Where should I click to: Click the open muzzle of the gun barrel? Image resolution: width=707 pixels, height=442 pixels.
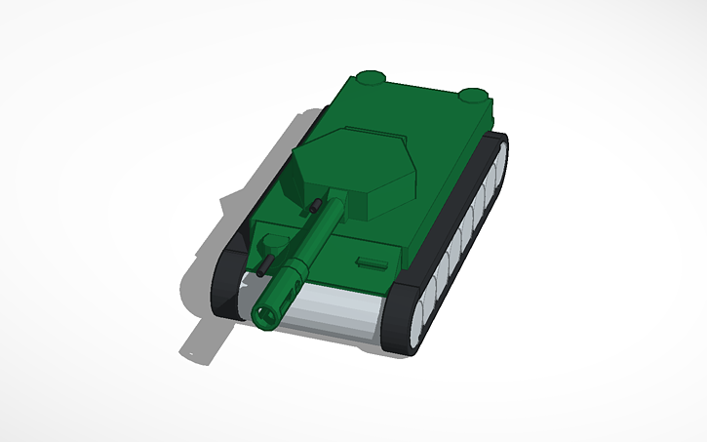coord(264,314)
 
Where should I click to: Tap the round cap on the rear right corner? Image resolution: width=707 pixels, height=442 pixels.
coord(473,96)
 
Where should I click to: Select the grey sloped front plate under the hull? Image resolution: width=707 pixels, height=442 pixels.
coord(332,317)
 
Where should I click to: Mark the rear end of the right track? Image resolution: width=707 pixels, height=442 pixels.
coord(501,141)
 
